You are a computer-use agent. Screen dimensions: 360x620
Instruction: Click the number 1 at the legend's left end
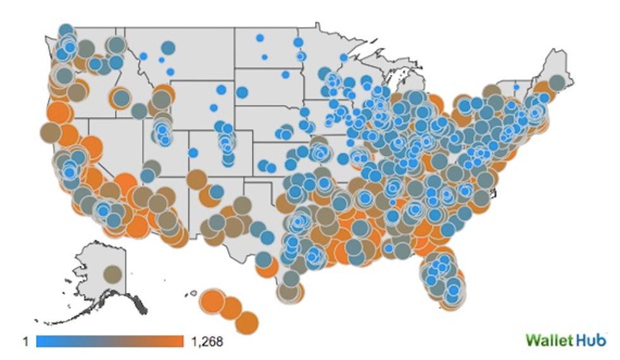coord(26,342)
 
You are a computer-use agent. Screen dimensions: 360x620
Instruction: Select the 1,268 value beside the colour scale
coord(206,342)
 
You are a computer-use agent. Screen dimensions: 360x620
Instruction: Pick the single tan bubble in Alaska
coord(113,274)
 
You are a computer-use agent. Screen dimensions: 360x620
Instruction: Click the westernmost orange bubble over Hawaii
coord(211,301)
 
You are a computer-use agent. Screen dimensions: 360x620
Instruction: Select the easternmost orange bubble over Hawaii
coord(248,321)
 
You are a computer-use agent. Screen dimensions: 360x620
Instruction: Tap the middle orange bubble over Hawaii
coord(231,309)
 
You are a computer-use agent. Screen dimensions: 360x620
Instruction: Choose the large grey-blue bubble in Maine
coord(557,82)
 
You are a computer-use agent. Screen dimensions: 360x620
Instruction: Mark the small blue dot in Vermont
coord(516,87)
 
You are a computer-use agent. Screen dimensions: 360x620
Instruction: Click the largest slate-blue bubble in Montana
coord(168,47)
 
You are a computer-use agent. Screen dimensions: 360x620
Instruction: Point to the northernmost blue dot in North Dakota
coord(259,38)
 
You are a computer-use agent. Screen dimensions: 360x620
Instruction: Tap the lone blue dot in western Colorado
coord(193,152)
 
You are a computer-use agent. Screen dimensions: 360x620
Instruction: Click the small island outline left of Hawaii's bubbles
coord(192,293)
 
